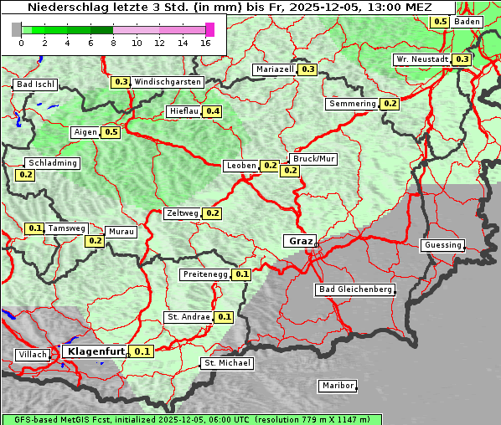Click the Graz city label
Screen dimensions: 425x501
(300, 241)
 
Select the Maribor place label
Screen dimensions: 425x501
(338, 386)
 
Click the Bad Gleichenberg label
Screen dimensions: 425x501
(354, 289)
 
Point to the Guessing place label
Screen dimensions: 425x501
(442, 245)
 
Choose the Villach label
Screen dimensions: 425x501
(32, 355)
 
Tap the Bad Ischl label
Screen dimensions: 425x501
(35, 84)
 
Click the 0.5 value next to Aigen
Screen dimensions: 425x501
(111, 132)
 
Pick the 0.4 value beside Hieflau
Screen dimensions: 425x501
(212, 111)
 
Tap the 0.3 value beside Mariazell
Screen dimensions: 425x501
(307, 69)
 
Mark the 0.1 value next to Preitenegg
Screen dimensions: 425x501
(241, 274)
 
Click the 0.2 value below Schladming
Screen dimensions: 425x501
(25, 175)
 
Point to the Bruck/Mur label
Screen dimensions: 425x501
(312, 158)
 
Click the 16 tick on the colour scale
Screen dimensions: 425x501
(206, 43)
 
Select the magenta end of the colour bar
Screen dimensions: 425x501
(209, 29)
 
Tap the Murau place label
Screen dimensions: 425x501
(118, 232)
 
